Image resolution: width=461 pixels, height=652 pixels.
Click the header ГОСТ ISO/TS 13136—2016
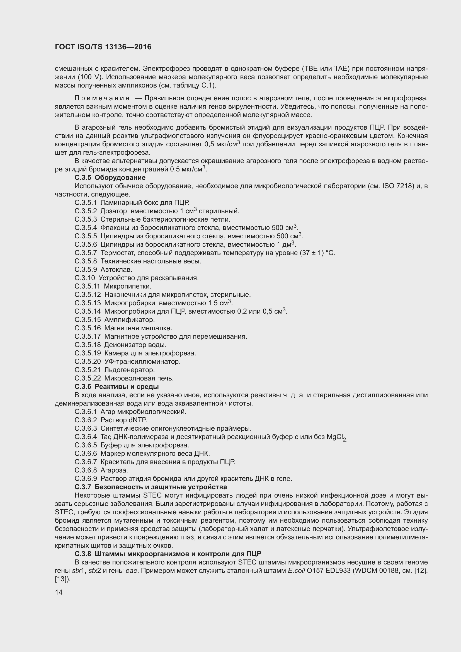click(x=103, y=47)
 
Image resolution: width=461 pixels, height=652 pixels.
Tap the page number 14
click(x=59, y=592)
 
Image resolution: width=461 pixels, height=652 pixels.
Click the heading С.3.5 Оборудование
click(x=110, y=178)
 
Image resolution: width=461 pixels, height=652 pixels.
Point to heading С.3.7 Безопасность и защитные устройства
click(x=151, y=487)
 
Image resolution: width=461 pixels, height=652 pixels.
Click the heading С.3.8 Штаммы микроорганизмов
click(x=168, y=554)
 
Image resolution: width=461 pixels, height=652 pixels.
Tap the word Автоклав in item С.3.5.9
click(x=117, y=270)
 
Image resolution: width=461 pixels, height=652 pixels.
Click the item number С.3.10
click(x=85, y=278)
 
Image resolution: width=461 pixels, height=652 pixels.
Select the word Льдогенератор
click(x=129, y=370)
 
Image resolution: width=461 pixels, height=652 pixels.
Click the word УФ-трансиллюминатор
click(x=142, y=362)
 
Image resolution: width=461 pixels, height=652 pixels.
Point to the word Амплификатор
click(x=129, y=320)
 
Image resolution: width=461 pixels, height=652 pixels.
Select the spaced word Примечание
click(x=102, y=98)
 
